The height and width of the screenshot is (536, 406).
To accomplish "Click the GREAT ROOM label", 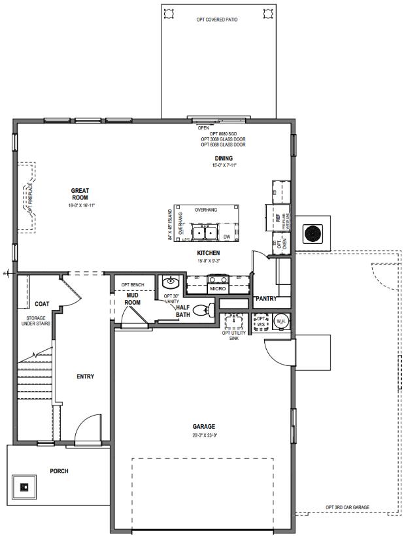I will click(80, 194).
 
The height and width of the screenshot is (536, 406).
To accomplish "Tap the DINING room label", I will click(224, 158).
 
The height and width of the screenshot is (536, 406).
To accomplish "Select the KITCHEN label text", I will click(208, 253).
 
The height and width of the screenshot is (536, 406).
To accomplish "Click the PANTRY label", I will click(266, 299).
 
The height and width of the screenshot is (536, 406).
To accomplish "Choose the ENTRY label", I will click(85, 376).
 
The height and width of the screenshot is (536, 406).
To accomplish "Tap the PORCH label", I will click(59, 471).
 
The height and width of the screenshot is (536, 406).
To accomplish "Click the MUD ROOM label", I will click(133, 299).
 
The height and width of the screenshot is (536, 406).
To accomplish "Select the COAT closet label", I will click(42, 304).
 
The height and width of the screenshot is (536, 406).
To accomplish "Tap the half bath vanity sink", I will click(170, 284).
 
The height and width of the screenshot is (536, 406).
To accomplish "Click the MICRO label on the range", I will click(218, 288).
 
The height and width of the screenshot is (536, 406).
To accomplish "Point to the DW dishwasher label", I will click(226, 237).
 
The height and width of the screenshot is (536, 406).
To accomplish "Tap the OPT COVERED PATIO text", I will click(217, 20).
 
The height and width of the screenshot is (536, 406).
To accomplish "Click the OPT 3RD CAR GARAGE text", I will click(347, 507).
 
